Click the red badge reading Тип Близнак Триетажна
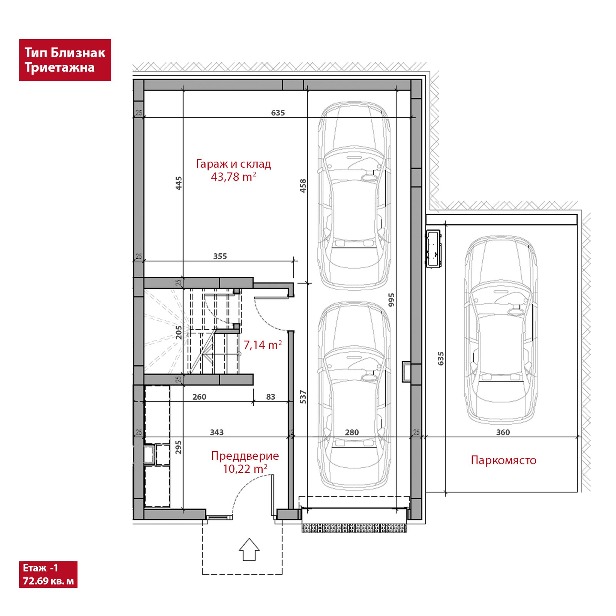tap(65, 60)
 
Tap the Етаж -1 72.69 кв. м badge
tap(48, 574)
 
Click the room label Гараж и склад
tap(234, 164)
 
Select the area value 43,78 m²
tap(234, 177)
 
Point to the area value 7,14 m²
tap(263, 345)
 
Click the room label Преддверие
tap(245, 456)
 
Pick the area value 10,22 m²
tap(245, 469)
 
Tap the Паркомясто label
tap(504, 460)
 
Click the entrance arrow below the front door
tap(249, 549)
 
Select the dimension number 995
tap(391, 300)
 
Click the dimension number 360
tap(503, 432)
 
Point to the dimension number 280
tap(352, 432)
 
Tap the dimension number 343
tap(217, 432)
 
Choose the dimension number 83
tap(271, 397)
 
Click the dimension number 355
tap(220, 256)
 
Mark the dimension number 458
tap(303, 186)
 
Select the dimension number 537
tap(303, 397)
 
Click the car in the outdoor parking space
tap(501, 330)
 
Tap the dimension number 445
tap(179, 183)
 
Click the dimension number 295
tap(179, 447)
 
